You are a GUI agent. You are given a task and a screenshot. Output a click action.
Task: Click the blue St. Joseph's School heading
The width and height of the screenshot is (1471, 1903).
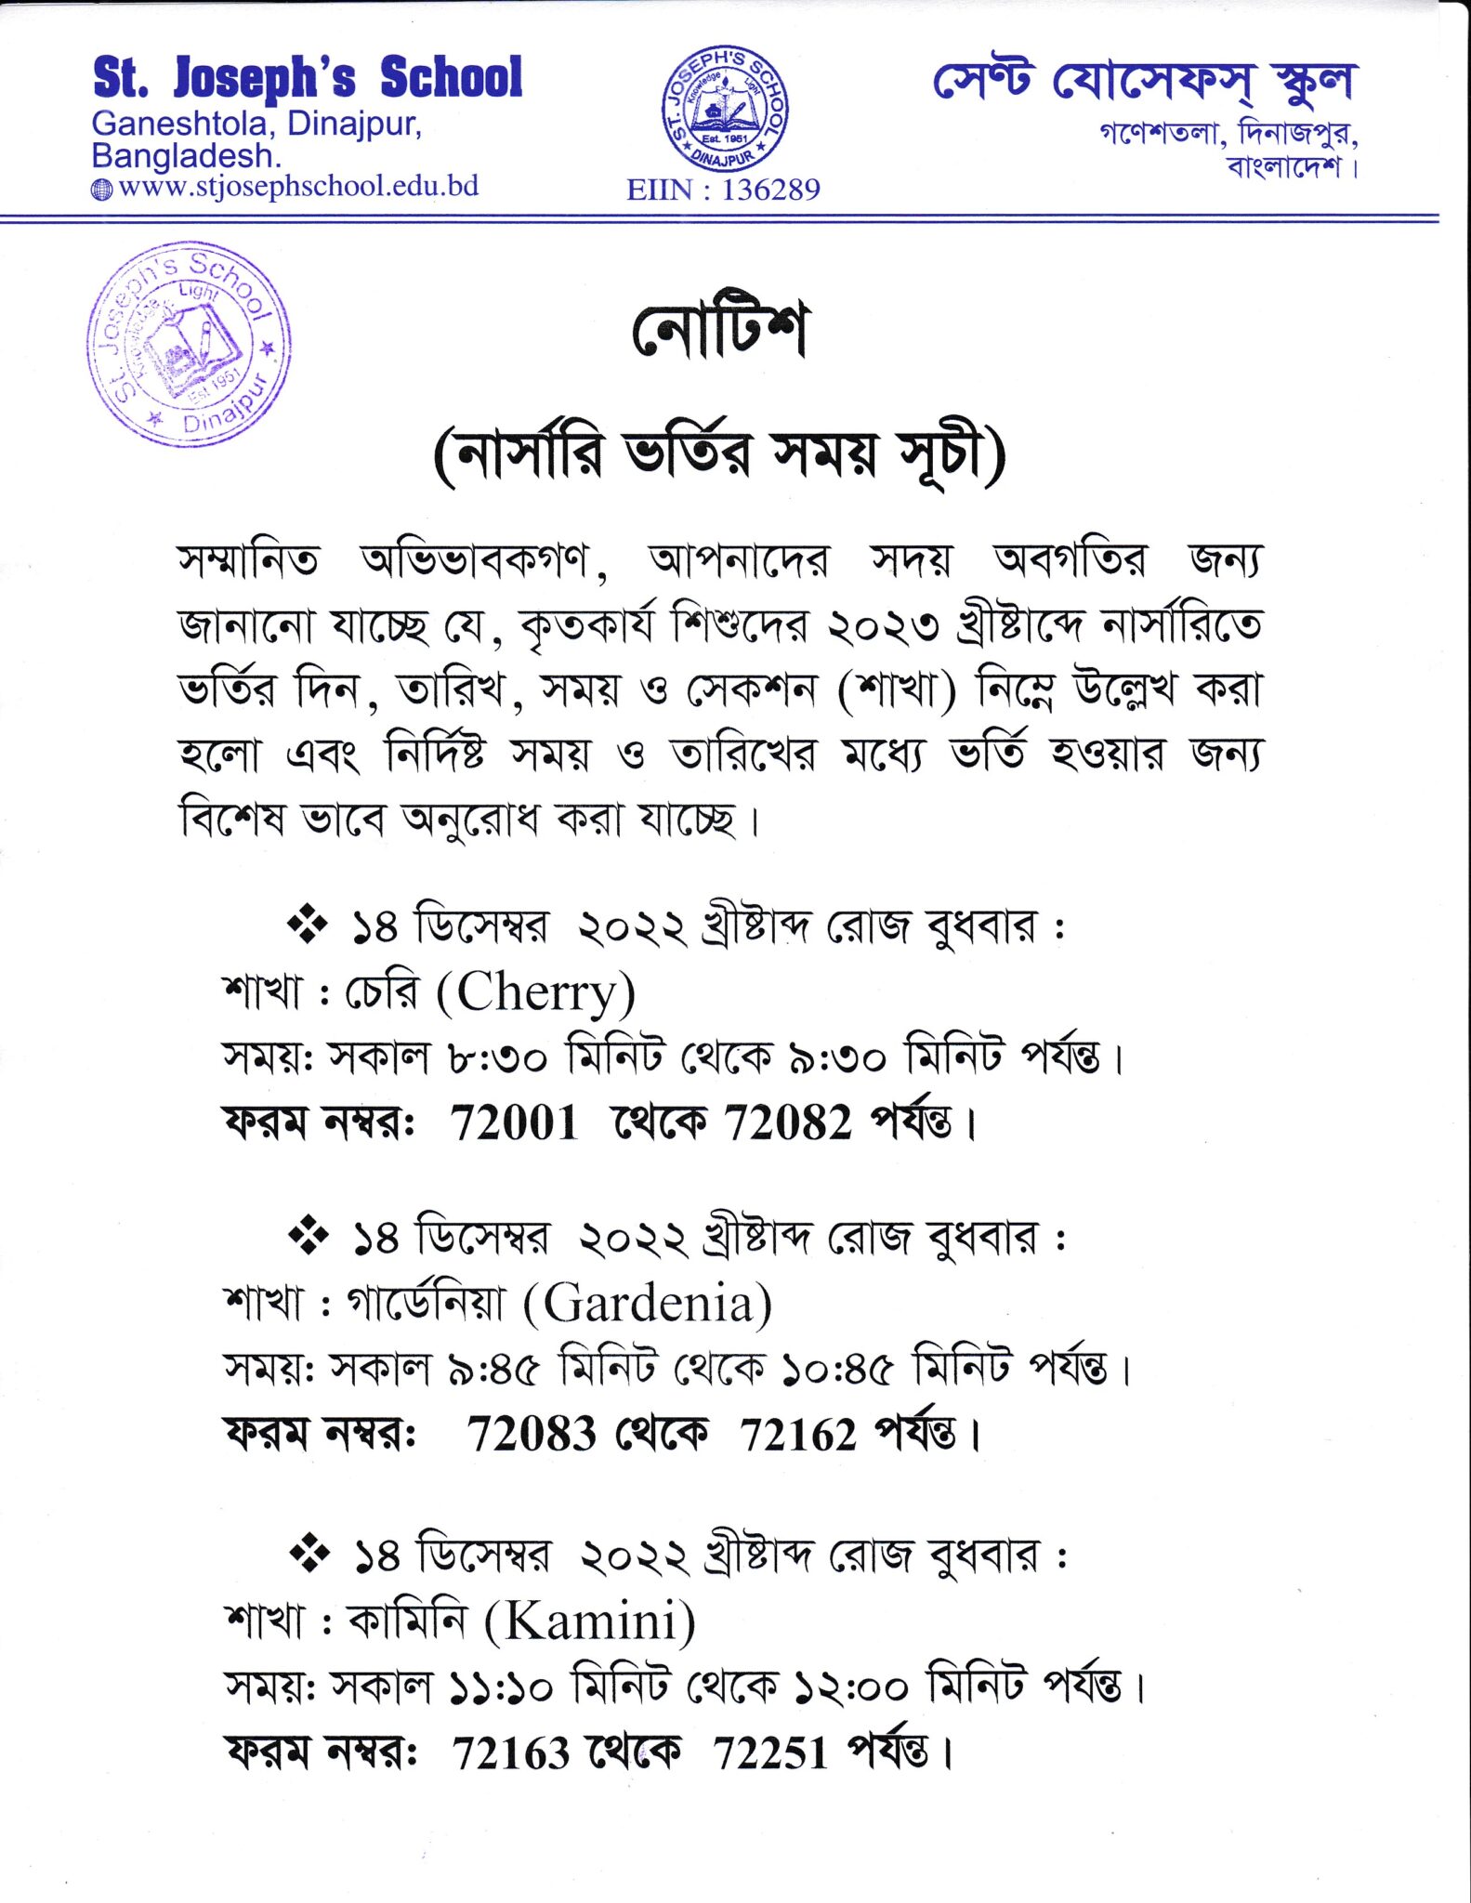[x=308, y=78]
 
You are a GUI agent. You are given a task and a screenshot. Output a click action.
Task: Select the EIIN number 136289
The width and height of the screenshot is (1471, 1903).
[x=770, y=190]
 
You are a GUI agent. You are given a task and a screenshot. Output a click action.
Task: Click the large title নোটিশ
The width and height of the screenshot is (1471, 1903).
[x=719, y=330]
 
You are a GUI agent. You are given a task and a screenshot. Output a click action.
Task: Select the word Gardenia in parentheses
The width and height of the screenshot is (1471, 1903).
[x=648, y=1303]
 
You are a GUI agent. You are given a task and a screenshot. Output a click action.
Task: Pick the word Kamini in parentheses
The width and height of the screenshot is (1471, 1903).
[x=589, y=1621]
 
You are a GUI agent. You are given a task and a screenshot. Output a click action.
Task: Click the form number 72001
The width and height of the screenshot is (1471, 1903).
[x=514, y=1122]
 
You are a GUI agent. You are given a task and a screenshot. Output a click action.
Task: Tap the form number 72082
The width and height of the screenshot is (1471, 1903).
[x=788, y=1122]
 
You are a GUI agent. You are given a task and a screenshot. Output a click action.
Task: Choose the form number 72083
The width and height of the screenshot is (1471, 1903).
[x=531, y=1434]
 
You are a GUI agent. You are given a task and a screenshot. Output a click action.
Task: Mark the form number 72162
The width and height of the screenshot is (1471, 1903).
[x=797, y=1434]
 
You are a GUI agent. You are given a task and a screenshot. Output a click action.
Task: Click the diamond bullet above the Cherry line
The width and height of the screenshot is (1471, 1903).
[x=308, y=925]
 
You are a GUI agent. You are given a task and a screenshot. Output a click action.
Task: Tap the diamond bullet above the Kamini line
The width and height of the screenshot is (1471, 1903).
[x=309, y=1554]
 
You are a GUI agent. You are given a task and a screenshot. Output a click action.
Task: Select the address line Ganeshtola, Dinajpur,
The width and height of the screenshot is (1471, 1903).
[x=256, y=124]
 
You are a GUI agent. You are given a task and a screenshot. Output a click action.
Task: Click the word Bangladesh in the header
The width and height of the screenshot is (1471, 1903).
[x=185, y=155]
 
